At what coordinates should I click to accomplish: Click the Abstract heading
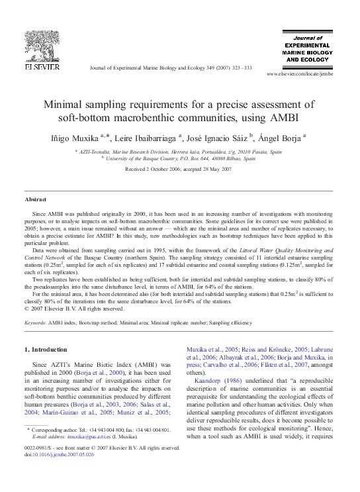tap(36, 199)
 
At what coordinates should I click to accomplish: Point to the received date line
tap(179, 170)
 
